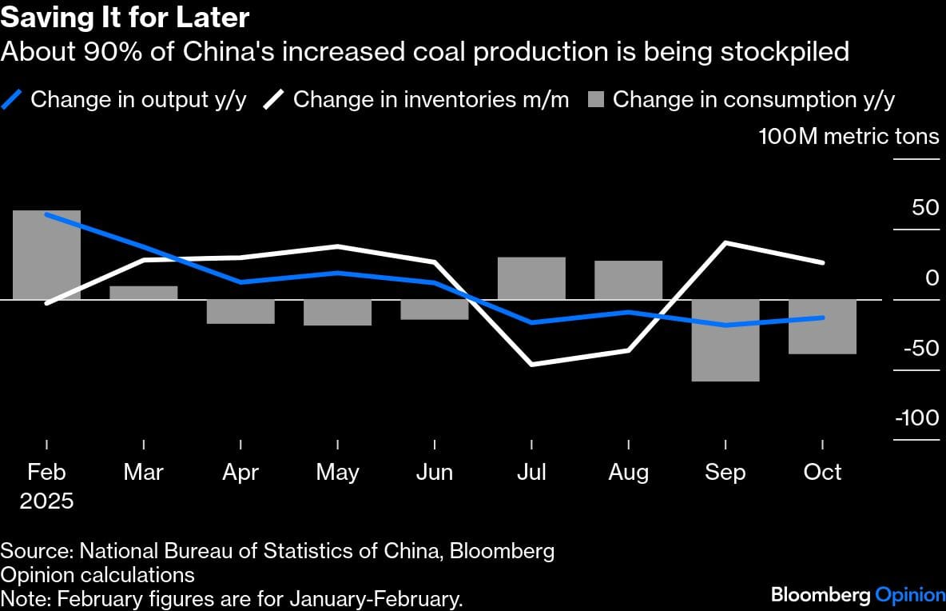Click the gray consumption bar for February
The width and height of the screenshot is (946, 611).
(47, 254)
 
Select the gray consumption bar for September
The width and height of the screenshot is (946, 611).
(725, 340)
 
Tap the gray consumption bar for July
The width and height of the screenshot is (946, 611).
(531, 278)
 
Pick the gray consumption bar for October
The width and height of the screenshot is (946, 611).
(822, 326)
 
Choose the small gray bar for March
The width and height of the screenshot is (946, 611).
(144, 293)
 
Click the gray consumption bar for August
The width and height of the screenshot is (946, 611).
(628, 280)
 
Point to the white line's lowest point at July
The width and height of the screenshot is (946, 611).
(531, 365)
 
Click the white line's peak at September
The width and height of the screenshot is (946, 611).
(725, 242)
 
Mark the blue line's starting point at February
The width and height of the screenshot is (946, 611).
(47, 214)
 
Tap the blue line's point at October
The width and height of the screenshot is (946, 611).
(822, 317)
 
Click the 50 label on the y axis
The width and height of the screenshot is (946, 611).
(925, 208)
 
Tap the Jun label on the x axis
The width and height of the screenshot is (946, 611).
(435, 473)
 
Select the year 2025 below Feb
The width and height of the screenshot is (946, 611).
(47, 501)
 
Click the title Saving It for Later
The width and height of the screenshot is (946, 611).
(125, 18)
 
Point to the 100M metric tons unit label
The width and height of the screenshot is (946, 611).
(849, 137)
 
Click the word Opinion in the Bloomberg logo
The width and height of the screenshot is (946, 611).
(910, 594)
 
